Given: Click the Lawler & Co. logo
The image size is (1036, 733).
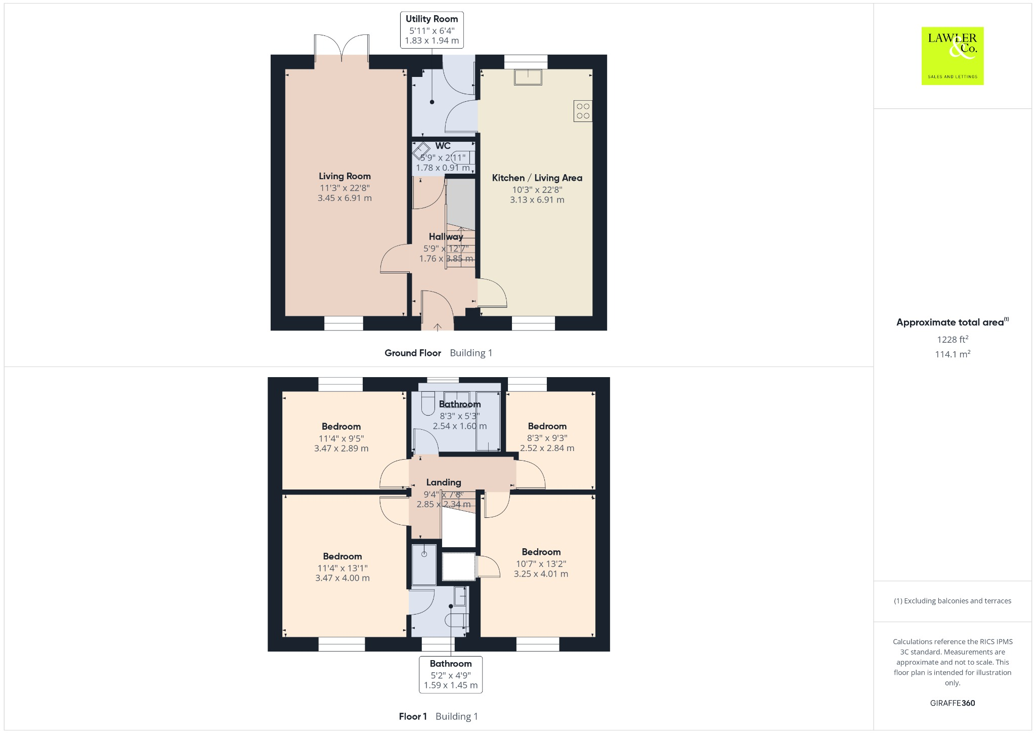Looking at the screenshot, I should click(952, 56).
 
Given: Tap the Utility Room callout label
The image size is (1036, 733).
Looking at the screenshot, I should click(431, 30).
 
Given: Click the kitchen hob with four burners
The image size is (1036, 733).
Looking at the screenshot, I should click(583, 111).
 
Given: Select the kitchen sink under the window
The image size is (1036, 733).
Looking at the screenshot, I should click(528, 77).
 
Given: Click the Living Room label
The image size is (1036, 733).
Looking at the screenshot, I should click(344, 176).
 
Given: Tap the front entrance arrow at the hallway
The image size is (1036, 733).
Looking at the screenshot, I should click(437, 327).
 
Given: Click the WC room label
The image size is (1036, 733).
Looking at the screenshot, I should click(443, 146).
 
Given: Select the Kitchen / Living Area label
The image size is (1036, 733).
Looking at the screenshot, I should click(537, 178).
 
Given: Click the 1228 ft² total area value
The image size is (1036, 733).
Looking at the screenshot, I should click(952, 339).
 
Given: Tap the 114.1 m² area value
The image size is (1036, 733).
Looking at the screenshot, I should click(952, 354).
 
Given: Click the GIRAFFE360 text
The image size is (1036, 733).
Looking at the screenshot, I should click(952, 703).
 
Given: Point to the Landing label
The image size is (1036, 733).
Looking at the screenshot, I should click(443, 482).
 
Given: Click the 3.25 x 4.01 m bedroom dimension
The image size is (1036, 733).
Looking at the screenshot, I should click(541, 574).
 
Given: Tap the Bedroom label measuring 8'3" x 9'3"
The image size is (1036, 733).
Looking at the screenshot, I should click(547, 426).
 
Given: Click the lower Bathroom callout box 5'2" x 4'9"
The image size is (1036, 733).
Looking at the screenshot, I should click(450, 674).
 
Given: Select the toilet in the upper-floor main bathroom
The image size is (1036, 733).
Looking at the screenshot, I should click(428, 404).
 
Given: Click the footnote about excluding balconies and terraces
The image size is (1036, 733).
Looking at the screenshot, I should click(952, 601).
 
